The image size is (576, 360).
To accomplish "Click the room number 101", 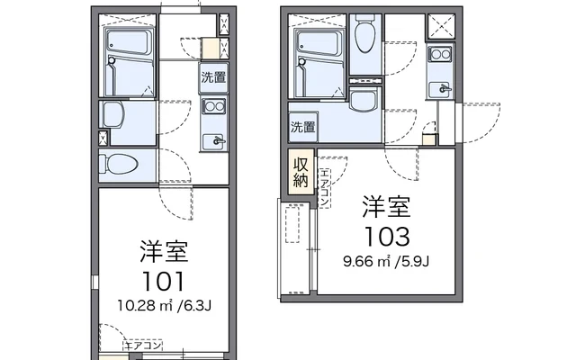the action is click(163, 282).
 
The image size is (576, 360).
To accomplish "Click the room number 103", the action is click(386, 236).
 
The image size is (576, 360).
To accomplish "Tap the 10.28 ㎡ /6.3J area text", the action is click(164, 305).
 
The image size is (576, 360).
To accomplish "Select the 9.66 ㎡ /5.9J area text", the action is click(386, 262).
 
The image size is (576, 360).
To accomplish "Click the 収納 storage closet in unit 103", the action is click(301, 172).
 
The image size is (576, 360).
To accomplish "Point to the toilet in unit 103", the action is click(365, 33).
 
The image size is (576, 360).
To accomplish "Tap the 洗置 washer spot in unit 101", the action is click(213, 77).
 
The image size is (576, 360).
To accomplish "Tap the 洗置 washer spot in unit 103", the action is click(303, 127).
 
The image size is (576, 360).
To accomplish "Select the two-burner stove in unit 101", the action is click(213, 106).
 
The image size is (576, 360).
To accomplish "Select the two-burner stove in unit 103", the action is click(440, 54).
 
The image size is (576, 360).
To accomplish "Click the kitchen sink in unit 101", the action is click(213, 141).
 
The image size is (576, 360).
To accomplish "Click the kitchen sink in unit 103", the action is click(439, 89).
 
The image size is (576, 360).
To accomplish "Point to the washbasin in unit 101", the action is click(113, 114).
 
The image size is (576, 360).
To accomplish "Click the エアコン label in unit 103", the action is click(324, 187).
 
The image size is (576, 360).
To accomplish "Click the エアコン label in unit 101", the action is click(143, 346).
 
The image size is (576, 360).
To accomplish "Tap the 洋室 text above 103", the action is click(386, 207).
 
